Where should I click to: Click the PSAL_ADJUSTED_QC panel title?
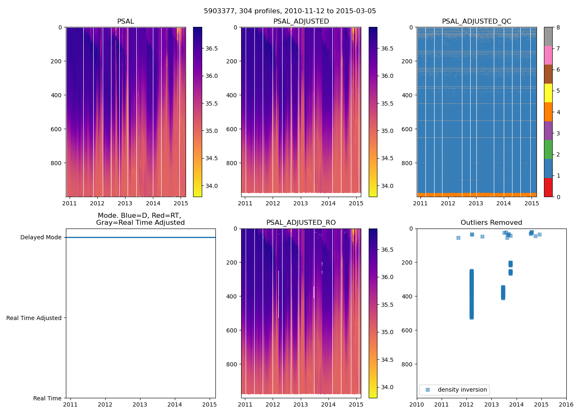[x=476, y=22]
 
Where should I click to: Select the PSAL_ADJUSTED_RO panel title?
[x=301, y=223]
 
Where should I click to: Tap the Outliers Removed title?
[x=491, y=223]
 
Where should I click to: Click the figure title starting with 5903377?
[x=290, y=11]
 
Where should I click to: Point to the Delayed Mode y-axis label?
[x=41, y=237]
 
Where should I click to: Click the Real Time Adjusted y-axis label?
[x=34, y=318]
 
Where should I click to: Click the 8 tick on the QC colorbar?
[x=558, y=27]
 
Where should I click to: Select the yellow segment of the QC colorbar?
[x=548, y=93]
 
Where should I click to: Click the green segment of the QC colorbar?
[x=548, y=149]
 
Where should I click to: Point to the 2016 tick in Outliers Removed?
[x=566, y=404]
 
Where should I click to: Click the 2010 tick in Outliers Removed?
[x=417, y=404]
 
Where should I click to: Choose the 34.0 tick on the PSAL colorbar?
[x=212, y=186]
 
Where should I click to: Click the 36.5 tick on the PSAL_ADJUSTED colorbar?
[x=387, y=48]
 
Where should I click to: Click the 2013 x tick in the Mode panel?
[x=140, y=404]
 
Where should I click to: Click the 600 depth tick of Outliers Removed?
[x=408, y=330]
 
